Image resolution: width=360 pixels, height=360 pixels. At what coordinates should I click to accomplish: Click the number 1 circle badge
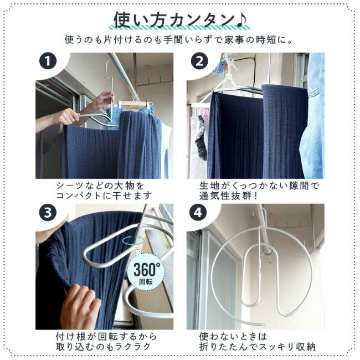(48, 61)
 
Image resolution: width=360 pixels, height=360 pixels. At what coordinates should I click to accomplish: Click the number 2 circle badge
(199, 61)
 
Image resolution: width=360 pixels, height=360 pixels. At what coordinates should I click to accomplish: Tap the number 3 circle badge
(48, 213)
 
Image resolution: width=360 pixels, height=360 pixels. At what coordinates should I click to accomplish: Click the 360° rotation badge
(146, 272)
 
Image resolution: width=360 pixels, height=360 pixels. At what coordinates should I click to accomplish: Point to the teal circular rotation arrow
(133, 240)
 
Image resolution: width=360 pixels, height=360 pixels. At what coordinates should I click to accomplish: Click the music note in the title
(241, 20)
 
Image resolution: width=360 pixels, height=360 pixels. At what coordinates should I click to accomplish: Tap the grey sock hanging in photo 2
(201, 138)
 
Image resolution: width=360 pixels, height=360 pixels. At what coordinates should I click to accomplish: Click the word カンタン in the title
(203, 20)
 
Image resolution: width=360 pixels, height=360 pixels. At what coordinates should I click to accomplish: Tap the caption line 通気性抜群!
(228, 196)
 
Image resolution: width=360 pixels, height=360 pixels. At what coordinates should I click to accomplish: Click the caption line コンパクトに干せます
(104, 196)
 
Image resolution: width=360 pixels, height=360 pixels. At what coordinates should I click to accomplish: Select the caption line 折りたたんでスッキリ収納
(258, 347)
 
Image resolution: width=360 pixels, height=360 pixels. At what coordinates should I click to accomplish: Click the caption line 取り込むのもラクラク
(104, 347)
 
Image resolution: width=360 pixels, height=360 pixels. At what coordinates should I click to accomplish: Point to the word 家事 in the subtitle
(232, 40)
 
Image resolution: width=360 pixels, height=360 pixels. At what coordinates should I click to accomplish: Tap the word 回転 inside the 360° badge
(146, 282)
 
